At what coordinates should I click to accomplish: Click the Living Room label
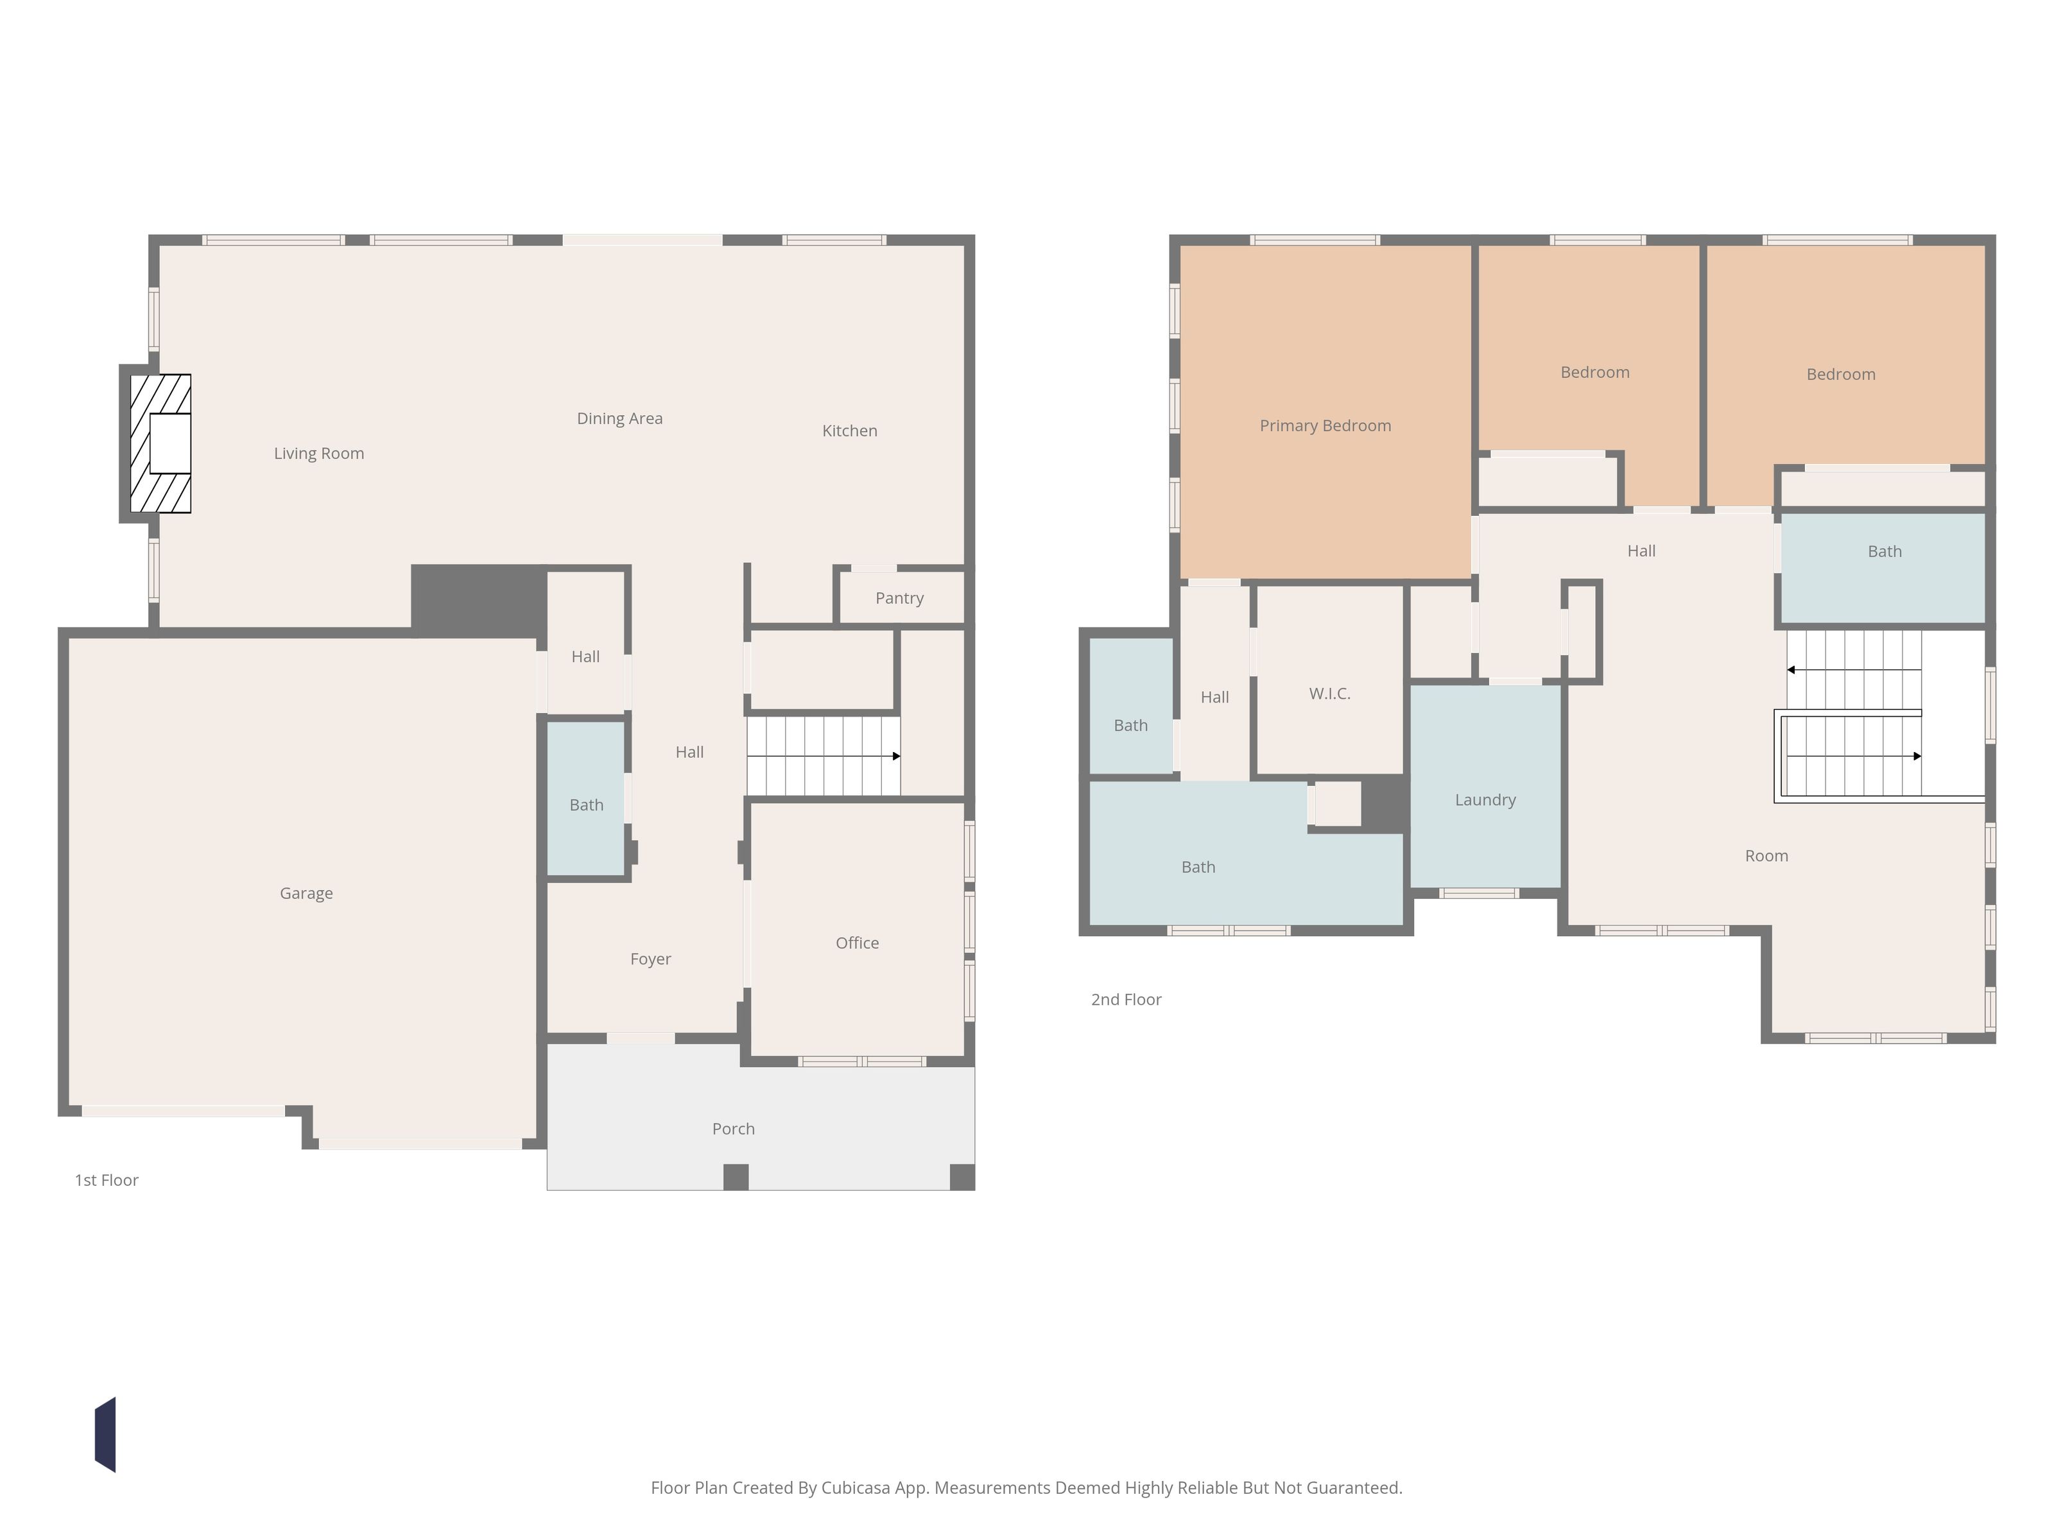coord(318,453)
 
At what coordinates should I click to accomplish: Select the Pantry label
coord(899,598)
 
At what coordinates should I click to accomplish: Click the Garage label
coord(306,893)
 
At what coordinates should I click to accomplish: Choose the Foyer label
coord(650,959)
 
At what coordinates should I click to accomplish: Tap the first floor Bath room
coord(586,798)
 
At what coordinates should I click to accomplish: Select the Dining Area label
coord(619,418)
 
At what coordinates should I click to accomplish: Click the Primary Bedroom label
coord(1325,426)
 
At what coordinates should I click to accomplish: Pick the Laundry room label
coord(1485,800)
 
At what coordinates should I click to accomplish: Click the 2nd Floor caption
coord(1125,1000)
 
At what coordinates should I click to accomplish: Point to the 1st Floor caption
coord(106,1181)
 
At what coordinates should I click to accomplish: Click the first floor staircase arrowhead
coord(896,757)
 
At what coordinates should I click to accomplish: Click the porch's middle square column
coord(736,1177)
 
